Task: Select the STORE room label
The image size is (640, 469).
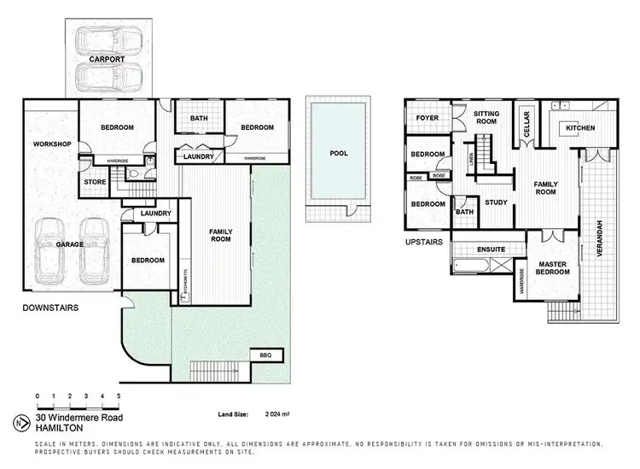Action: click(x=93, y=182)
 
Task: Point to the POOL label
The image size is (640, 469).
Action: click(x=339, y=155)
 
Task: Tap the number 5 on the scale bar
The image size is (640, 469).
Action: click(x=119, y=396)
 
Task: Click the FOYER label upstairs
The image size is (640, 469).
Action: click(x=427, y=118)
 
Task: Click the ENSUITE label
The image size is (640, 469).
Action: click(x=492, y=249)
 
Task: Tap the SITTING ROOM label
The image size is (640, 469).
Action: click(x=486, y=118)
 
